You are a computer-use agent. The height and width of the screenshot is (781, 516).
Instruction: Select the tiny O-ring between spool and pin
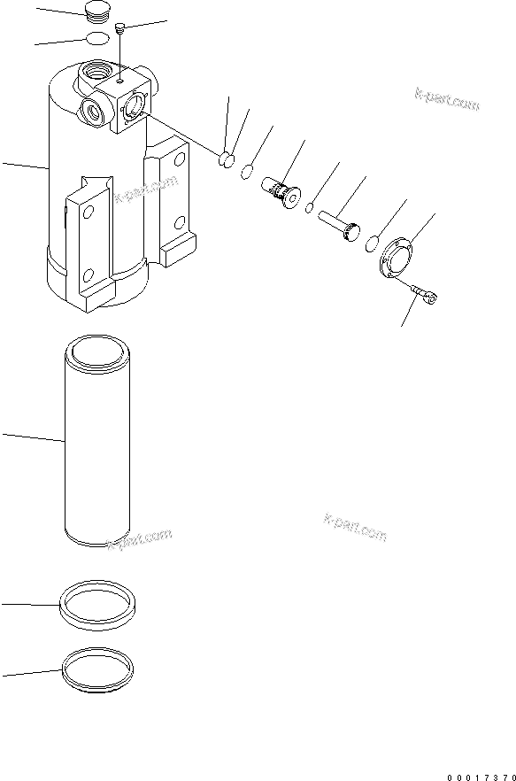tap(310, 209)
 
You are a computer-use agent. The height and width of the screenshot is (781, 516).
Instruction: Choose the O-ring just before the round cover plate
tap(374, 242)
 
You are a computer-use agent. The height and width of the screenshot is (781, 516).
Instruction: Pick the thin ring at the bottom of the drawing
tap(96, 669)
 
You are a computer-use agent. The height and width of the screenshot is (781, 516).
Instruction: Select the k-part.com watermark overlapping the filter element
tap(139, 538)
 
